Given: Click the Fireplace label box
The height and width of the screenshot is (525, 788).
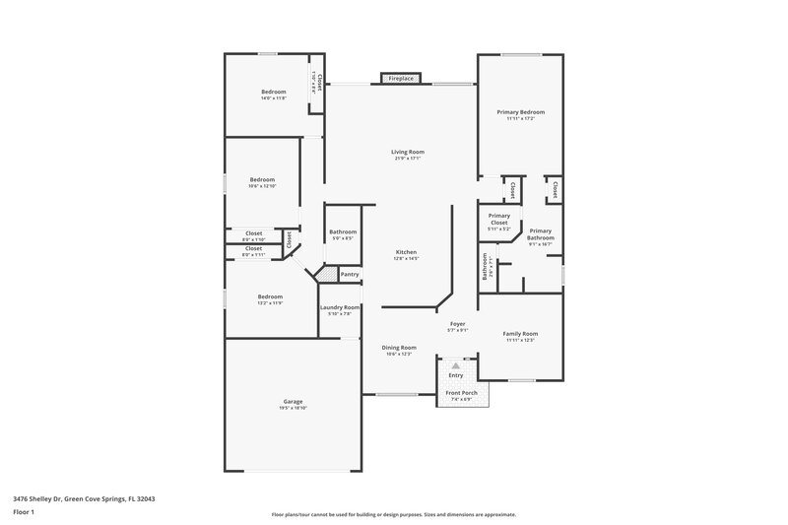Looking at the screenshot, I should (401, 78).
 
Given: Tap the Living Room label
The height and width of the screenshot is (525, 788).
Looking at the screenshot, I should (409, 152).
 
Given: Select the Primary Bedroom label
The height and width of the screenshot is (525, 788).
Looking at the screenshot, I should (520, 112).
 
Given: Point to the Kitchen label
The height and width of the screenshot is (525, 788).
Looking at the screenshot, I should (407, 251).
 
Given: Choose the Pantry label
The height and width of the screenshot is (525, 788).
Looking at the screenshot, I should (349, 274).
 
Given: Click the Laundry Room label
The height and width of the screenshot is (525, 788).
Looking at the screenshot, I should (340, 307).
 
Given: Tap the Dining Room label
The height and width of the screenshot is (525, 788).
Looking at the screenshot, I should (399, 347).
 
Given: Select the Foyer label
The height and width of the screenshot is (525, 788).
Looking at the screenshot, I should (457, 323).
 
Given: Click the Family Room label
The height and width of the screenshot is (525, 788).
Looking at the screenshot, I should (520, 333).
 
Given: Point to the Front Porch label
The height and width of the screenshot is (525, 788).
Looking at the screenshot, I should (462, 392).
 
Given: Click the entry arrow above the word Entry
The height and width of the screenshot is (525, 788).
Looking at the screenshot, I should (456, 364).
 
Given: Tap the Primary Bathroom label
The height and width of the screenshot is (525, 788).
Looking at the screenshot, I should (541, 234).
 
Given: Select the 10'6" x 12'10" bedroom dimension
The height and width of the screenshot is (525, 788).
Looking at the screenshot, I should (263, 185).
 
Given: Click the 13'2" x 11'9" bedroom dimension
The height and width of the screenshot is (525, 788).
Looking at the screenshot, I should (270, 302).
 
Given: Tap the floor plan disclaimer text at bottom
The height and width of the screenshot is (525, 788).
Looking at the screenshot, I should (394, 514).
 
